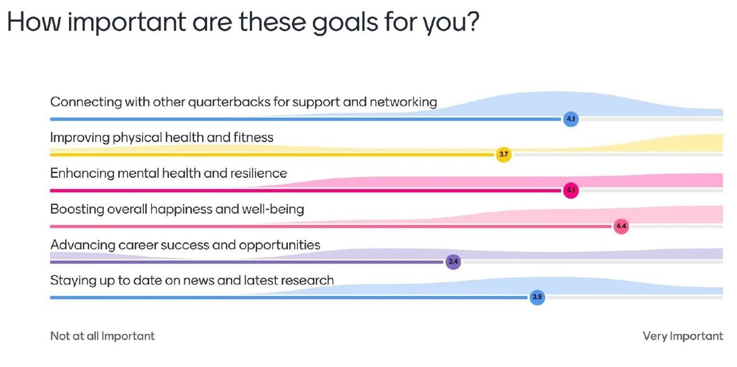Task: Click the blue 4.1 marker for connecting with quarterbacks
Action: [571, 119]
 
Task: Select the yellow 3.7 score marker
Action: [504, 154]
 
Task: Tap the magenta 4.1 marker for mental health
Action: [571, 190]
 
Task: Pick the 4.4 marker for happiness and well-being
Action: [621, 226]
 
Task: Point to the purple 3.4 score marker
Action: [453, 262]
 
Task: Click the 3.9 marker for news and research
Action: [537, 297]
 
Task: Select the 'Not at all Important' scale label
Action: [102, 336]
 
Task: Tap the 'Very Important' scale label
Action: [683, 336]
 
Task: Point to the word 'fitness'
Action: [253, 137]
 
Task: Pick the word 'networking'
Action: [403, 102]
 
